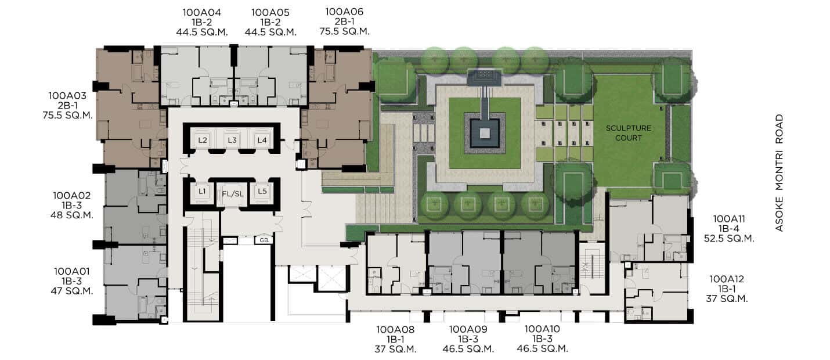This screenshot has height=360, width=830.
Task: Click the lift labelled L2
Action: coord(203,140)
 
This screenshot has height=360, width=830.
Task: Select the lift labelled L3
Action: coord(232,140)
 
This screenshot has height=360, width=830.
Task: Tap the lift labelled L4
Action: coord(262,140)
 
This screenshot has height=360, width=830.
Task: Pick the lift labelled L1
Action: coord(202,192)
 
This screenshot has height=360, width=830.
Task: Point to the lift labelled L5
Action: coord(262,192)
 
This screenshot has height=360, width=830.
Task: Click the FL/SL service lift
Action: coord(233,194)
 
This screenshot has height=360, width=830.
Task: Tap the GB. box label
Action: coord(264,240)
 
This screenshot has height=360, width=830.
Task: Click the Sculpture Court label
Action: coord(629,133)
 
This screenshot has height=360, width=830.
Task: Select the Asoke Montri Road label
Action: coord(780,173)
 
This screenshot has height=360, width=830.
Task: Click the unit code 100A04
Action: coord(202,13)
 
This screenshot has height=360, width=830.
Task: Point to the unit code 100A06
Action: coord(345,12)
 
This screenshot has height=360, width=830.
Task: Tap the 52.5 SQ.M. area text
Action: coord(729,239)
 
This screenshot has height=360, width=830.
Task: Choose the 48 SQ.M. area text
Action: coord(72,215)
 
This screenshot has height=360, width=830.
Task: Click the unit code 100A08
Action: coord(395,329)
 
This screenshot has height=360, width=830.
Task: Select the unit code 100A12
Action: coord(727,279)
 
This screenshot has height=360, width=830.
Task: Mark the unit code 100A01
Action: coord(72,271)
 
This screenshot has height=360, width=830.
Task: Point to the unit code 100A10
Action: coord(543,329)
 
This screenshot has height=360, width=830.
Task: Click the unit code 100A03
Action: coord(67,96)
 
